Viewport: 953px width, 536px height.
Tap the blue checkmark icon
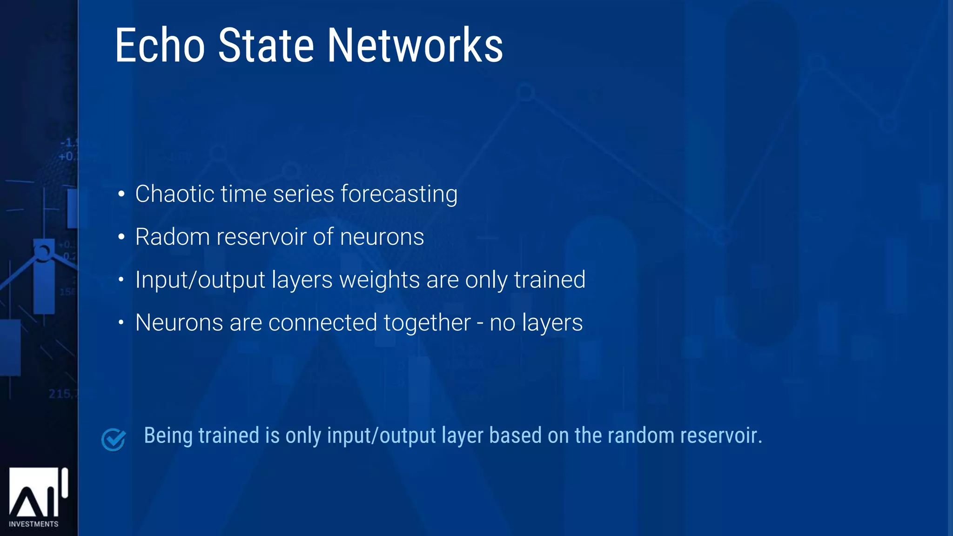tap(114, 439)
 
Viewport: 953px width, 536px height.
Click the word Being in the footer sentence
tap(168, 436)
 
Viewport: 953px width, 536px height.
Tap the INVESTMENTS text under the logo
tap(34, 524)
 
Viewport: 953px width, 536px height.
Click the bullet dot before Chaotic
tap(121, 194)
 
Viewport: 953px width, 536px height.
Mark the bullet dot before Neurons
tap(121, 322)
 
